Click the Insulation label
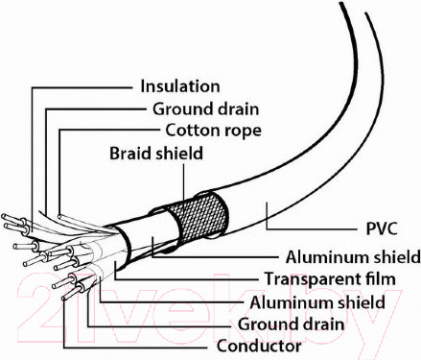180,86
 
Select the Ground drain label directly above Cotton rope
205,108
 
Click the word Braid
130,154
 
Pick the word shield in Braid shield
179,154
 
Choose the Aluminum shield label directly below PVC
353,257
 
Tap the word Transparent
315,279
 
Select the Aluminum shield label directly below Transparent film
317,302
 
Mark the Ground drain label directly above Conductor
291,324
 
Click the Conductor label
259,346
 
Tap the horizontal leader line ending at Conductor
133,348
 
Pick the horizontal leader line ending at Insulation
82,87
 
